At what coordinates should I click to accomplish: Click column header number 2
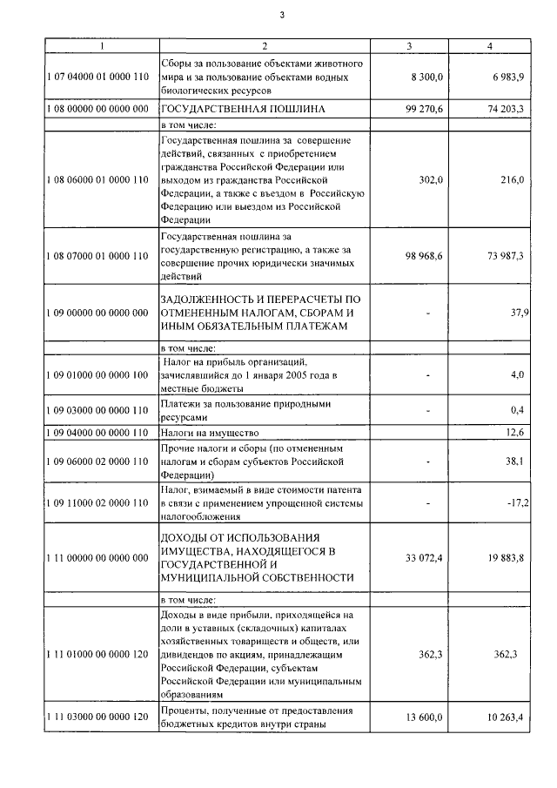click(265, 46)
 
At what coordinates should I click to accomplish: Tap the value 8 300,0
click(427, 77)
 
